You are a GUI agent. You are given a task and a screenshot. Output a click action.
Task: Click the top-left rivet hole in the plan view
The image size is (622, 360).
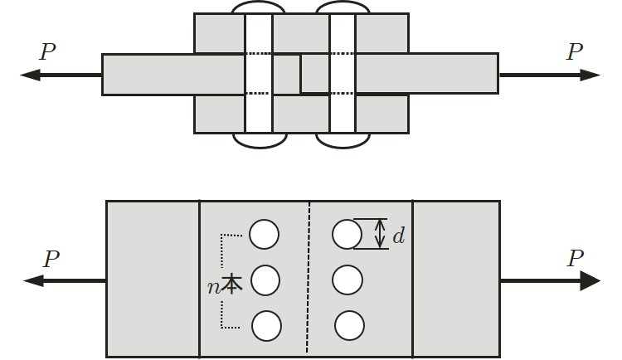click(265, 235)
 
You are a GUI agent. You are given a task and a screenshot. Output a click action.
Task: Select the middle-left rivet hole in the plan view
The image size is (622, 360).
click(265, 280)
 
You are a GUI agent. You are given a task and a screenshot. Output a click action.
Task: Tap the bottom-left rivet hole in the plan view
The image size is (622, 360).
click(266, 325)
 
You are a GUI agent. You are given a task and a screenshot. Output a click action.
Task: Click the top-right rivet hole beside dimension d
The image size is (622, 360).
click(347, 234)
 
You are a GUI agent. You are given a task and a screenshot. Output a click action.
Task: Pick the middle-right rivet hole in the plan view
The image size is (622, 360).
click(347, 280)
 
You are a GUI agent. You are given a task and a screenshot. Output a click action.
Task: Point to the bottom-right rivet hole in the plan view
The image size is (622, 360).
click(349, 325)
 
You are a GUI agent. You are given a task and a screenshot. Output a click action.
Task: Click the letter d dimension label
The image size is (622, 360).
click(399, 236)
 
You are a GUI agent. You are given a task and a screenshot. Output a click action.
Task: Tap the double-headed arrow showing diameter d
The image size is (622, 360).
click(380, 234)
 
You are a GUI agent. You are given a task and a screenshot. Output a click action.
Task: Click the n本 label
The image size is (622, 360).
click(225, 286)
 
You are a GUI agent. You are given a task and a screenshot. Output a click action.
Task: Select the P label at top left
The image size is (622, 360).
click(48, 53)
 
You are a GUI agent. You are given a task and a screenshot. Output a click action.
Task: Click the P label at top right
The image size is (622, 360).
click(574, 53)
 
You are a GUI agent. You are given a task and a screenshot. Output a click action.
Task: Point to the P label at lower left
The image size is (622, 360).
click(51, 260)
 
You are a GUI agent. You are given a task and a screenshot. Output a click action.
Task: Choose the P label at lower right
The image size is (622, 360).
click(575, 259)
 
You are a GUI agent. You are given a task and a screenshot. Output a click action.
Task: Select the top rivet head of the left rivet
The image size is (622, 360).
click(258, 7)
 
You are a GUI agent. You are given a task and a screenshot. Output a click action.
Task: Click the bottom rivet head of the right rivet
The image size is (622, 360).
click(343, 140)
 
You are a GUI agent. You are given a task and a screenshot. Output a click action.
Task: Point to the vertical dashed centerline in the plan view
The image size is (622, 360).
click(309, 278)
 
